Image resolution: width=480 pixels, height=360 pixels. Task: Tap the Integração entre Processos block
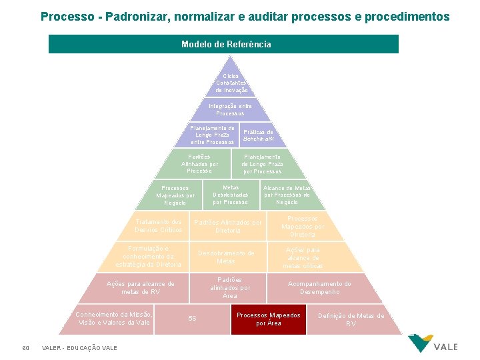point(230,110)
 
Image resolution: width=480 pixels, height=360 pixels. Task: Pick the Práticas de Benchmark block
point(258,135)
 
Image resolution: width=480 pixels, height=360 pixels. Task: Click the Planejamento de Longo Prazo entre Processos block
point(212,135)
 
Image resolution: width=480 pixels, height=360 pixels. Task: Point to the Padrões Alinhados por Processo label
point(199,164)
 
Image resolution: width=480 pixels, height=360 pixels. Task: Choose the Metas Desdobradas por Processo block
point(231,195)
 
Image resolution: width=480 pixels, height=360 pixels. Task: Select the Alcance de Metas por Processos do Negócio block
point(287,195)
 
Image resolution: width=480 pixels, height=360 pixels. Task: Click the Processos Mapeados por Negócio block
point(175,195)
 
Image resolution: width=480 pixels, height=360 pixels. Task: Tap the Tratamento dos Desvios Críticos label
point(158,226)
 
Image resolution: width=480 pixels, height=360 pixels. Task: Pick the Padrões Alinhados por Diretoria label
point(227,226)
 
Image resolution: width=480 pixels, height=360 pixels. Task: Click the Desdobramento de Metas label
point(226,257)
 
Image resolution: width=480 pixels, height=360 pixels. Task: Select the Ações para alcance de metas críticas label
point(303,257)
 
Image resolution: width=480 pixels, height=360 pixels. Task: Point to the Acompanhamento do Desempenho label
point(319,288)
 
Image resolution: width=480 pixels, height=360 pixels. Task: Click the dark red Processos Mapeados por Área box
point(269,319)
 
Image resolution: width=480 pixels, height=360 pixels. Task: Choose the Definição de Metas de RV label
point(351,319)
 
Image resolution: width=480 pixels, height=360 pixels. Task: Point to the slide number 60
point(25,347)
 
